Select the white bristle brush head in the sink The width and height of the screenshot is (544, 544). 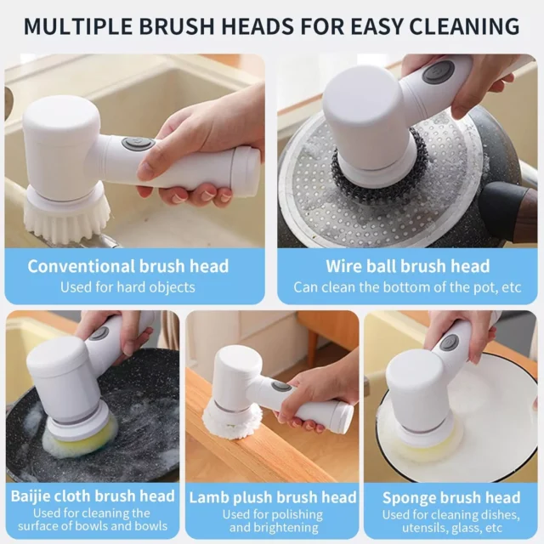[67, 218]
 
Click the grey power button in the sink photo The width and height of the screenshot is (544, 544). [138, 144]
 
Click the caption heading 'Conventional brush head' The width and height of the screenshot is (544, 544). [128, 266]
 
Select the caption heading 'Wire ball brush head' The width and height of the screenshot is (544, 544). [408, 266]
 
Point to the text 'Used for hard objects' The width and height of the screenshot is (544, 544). [127, 287]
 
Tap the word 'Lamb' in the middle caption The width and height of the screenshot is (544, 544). [208, 497]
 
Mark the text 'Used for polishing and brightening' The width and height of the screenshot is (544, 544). [273, 521]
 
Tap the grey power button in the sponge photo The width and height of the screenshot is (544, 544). [450, 343]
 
